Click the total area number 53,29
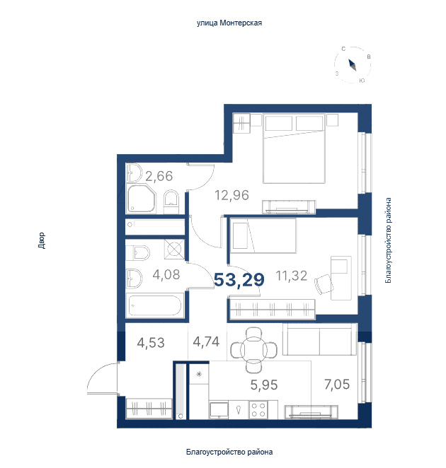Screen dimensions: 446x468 [239, 280]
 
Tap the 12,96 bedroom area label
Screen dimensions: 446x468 [231, 195]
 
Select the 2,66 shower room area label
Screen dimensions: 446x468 [159, 176]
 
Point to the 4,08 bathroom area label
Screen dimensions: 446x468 [166, 274]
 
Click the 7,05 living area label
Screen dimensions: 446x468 [337, 385]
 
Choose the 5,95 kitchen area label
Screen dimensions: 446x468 [264, 385]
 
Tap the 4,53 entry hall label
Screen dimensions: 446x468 [151, 343]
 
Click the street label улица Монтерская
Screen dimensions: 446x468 [229, 23]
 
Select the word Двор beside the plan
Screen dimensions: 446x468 [42, 240]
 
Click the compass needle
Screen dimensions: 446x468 [353, 65]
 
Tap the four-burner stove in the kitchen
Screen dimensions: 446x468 [258, 410]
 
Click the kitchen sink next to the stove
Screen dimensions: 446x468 [239, 410]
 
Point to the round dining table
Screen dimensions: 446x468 [253, 349]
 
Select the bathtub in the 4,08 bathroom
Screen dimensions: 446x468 [154, 305]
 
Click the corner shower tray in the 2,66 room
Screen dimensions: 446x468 [141, 198]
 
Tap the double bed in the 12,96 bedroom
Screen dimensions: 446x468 [294, 148]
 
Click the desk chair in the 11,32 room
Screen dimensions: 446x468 [324, 284]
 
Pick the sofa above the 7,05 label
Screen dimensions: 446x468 [319, 339]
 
